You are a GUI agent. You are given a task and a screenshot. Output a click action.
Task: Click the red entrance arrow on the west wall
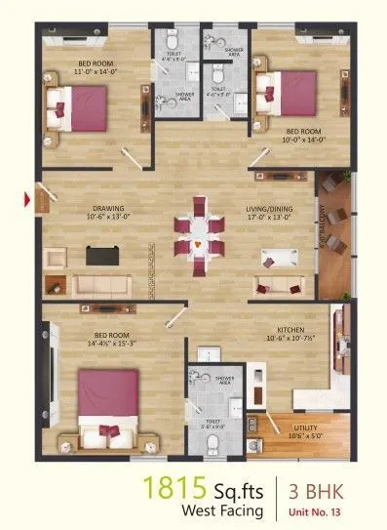(x=27, y=200)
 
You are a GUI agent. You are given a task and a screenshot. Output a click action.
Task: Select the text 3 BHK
(x=314, y=487)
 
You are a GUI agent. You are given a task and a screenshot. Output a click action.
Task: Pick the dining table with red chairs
(x=198, y=233)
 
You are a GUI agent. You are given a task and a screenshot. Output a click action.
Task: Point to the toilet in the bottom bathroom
(x=213, y=444)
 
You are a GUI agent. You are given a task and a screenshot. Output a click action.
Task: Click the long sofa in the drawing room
(x=100, y=285)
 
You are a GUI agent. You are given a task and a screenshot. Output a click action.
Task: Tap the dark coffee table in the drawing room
(x=100, y=256)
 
